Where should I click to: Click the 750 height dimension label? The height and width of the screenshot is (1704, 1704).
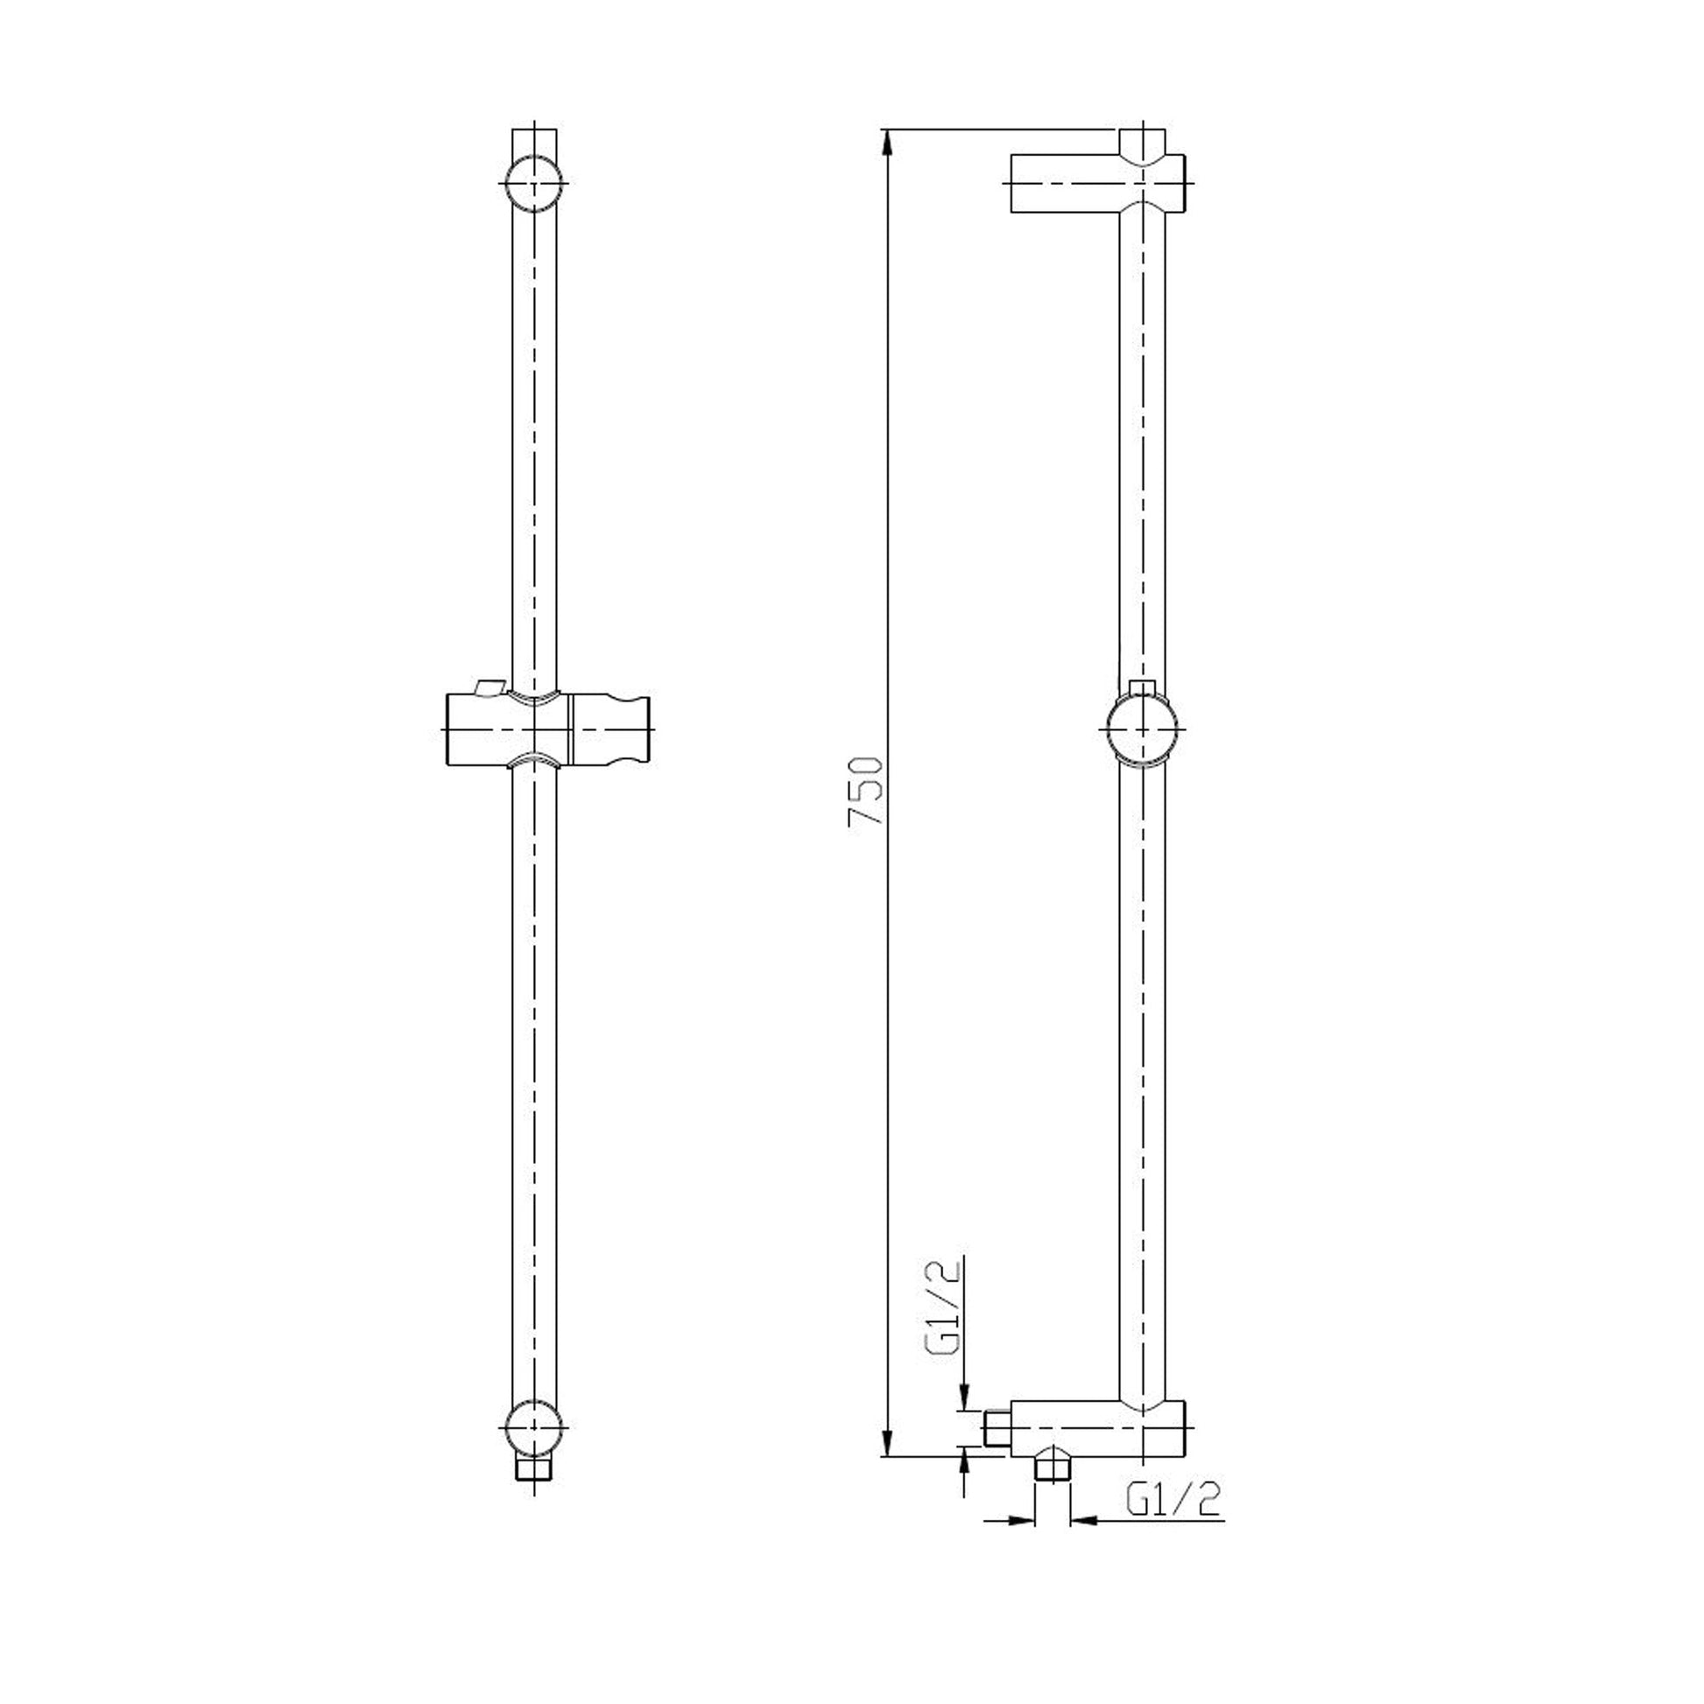pos(864,790)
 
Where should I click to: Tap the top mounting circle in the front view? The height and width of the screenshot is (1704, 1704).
pos(534,184)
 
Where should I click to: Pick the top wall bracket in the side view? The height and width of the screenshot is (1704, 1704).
pos(1097,184)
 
